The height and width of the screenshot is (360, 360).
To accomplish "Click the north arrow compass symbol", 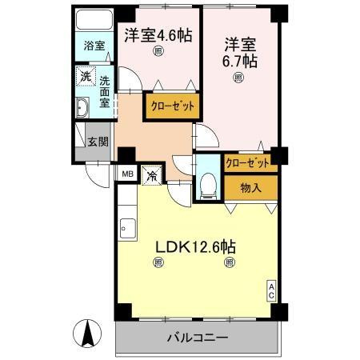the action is click(x=87, y=333).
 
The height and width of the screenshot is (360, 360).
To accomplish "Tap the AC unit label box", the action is click(x=271, y=291).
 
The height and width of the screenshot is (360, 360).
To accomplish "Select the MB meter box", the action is click(x=127, y=174).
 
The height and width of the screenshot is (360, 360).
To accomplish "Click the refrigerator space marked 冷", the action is click(x=152, y=175).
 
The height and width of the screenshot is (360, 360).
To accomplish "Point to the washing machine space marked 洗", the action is click(x=86, y=77).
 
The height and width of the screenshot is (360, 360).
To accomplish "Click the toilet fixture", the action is click(x=209, y=186).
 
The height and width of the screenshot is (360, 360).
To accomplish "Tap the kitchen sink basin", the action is click(x=128, y=228).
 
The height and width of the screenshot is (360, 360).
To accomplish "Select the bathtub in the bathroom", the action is click(x=94, y=20).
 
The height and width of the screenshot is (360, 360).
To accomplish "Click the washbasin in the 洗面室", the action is click(x=82, y=107).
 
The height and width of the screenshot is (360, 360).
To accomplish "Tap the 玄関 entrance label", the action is click(x=98, y=142).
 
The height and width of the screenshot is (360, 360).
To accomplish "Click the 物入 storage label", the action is click(x=250, y=188).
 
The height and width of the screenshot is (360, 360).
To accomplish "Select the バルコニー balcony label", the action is click(x=198, y=338).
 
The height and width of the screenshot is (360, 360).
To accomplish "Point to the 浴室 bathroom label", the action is click(x=94, y=46).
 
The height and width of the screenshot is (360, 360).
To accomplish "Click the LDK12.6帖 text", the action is click(x=195, y=247).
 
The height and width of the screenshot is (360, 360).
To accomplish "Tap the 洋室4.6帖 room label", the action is click(x=158, y=35).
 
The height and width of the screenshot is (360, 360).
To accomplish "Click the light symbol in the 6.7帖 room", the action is click(x=238, y=78).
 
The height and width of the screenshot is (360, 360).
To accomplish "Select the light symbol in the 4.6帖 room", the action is click(x=158, y=51).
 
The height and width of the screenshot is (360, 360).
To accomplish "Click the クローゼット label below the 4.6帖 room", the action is click(x=173, y=106).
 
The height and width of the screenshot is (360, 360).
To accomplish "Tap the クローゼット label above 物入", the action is click(x=247, y=162).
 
